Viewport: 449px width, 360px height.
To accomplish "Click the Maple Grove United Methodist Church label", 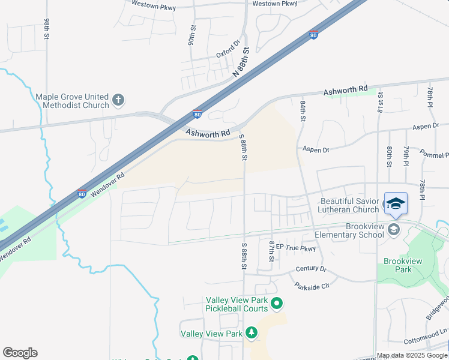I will [72, 101].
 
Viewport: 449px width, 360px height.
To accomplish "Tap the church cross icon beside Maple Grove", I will [118, 100].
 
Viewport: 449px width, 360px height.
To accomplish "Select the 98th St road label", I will [47, 29].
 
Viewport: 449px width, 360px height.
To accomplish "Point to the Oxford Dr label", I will [228, 49].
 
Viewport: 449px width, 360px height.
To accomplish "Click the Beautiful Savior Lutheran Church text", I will [349, 205].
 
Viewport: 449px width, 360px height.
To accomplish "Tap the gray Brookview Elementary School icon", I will [393, 230].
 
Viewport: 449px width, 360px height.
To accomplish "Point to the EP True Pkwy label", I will [295, 248].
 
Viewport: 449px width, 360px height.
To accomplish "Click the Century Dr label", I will [310, 269].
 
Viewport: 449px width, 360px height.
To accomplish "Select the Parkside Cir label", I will [312, 286].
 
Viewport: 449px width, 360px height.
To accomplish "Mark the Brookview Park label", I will [398, 265].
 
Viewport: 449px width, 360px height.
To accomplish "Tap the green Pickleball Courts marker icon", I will [276, 304].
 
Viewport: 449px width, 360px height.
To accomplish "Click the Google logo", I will [20, 353].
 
